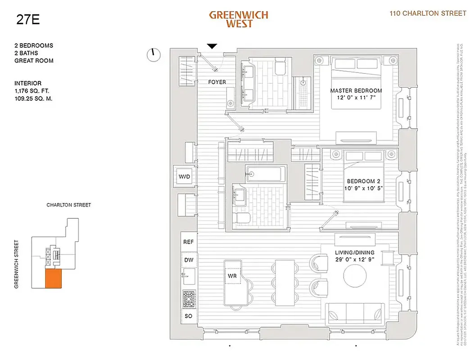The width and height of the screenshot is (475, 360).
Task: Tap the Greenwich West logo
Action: pos(239,19)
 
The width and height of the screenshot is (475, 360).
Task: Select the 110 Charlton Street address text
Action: pos(428,13)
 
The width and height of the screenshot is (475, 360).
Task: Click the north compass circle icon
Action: pos(154,55)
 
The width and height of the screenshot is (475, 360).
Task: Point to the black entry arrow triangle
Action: pos(212,46)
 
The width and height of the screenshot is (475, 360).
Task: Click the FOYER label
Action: pos(217,82)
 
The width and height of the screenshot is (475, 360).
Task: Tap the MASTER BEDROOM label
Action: pos(356,90)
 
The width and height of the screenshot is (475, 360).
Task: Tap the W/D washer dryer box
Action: pos(185,177)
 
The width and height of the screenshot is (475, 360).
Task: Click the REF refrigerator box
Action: pos(188,242)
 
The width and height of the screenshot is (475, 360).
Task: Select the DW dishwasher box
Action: pos(188,260)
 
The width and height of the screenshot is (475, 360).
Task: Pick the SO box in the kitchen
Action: pos(188,316)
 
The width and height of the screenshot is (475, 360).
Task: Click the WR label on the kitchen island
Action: pos(232,274)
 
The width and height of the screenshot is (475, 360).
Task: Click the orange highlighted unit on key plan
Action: pos(53,279)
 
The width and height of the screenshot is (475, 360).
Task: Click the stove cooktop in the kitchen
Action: pos(188,297)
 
